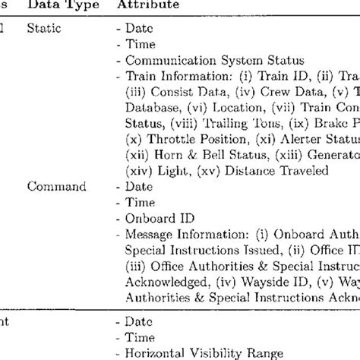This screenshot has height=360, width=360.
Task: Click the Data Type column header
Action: point(55,5)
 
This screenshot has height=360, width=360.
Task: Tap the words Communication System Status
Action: point(204,60)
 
